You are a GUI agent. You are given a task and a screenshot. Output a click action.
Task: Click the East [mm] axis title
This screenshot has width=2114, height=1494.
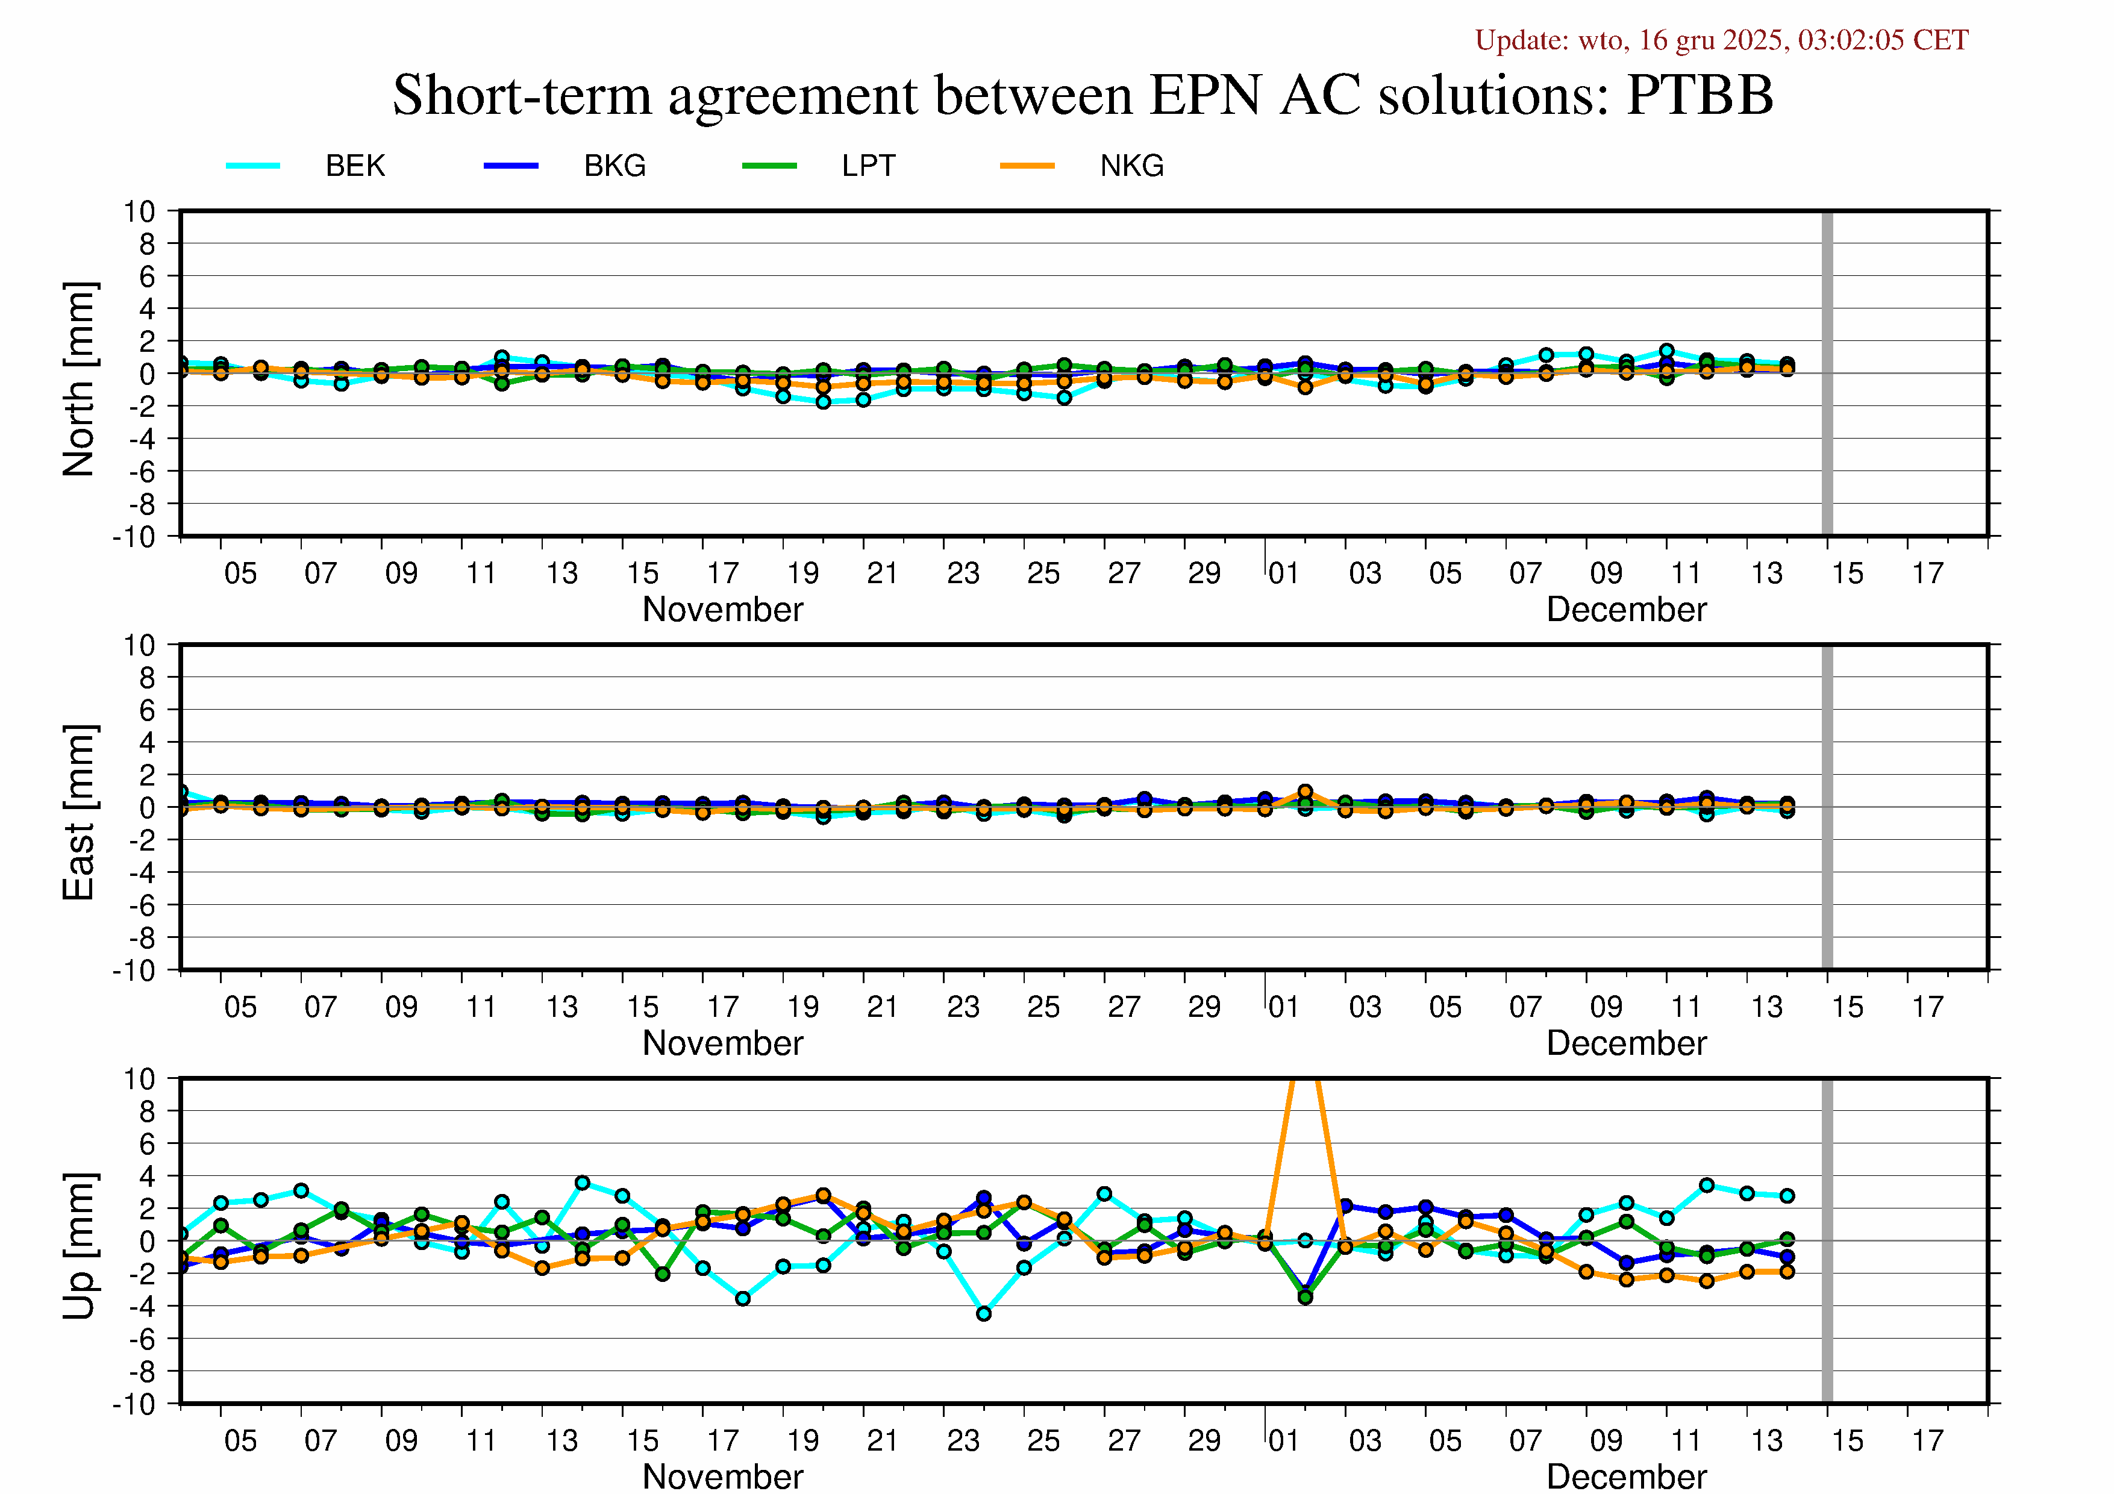click(79, 812)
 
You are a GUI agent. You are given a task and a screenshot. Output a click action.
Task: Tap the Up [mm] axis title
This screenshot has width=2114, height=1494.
click(79, 1245)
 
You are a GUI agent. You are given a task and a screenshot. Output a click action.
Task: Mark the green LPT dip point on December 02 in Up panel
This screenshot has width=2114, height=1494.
click(1305, 1297)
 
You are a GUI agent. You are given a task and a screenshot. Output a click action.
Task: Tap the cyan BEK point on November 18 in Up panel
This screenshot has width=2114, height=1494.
click(743, 1299)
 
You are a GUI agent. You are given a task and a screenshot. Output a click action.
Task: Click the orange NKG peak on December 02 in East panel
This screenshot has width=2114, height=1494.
click(1305, 792)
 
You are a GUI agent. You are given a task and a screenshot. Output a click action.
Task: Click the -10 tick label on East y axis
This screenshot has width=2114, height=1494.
click(134, 970)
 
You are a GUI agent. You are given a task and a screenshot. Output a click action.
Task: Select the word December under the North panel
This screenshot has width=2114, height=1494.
click(1626, 610)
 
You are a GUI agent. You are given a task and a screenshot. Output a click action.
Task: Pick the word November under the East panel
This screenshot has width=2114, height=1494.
click(723, 1043)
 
